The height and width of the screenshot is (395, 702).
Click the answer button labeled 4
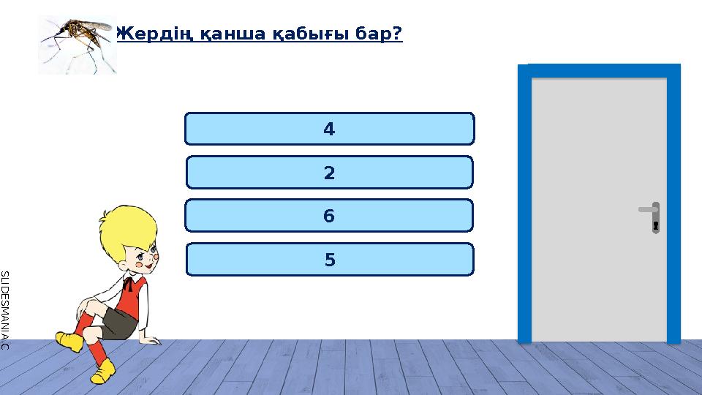[329, 129]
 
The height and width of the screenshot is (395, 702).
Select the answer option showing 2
[329, 173]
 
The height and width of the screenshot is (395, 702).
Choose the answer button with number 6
[329, 216]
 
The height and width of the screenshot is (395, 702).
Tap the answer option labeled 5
[329, 259]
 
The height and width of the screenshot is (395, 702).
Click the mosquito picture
[77, 44]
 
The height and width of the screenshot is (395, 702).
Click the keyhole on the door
[656, 225]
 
